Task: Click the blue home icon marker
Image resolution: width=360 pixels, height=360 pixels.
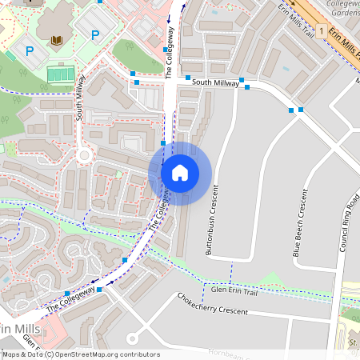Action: [x=180, y=172]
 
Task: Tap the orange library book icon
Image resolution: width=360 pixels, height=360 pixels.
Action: [x=56, y=41]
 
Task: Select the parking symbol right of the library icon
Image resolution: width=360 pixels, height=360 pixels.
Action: [x=95, y=34]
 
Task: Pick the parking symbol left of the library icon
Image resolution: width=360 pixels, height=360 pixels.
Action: [x=30, y=51]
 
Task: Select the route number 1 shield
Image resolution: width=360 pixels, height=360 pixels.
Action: [x=320, y=31]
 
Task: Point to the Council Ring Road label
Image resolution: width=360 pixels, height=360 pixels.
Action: [x=349, y=223]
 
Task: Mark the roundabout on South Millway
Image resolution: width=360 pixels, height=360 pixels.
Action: [x=83, y=155]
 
